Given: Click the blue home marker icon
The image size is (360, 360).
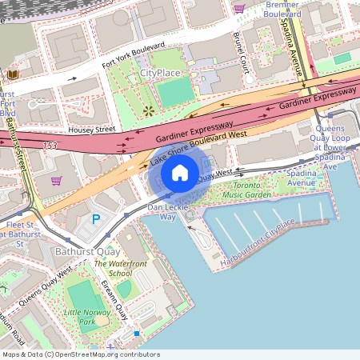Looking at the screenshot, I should [180, 172].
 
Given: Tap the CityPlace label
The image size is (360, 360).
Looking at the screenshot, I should [160, 73].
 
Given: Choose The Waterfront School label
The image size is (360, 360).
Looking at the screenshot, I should [113, 268].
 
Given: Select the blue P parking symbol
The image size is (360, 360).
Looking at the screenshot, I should [96, 219].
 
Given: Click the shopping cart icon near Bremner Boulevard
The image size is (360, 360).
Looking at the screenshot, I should [238, 8].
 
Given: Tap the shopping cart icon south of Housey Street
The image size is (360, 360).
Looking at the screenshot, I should [56, 180].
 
